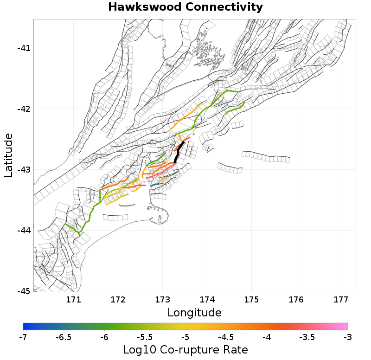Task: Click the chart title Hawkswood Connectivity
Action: pyautogui.click(x=185, y=7)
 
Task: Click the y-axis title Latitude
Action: pyautogui.click(x=8, y=155)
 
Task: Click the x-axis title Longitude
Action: pyautogui.click(x=194, y=312)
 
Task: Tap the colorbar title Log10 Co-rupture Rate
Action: pyautogui.click(x=185, y=349)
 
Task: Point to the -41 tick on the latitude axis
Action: pyautogui.click(x=22, y=48)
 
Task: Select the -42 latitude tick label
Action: pyautogui.click(x=22, y=109)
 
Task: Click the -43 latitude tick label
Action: pyautogui.click(x=22, y=170)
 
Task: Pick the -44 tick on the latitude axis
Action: pyautogui.click(x=22, y=231)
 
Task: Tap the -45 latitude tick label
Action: pyautogui.click(x=22, y=291)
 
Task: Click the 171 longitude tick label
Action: pyautogui.click(x=73, y=300)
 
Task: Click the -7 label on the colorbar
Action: pyautogui.click(x=23, y=337)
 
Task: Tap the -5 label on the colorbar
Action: pyautogui.click(x=185, y=337)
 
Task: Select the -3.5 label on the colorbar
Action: pyautogui.click(x=307, y=337)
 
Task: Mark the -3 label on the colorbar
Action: pyautogui.click(x=347, y=337)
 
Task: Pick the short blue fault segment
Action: pyautogui.click(x=155, y=185)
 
